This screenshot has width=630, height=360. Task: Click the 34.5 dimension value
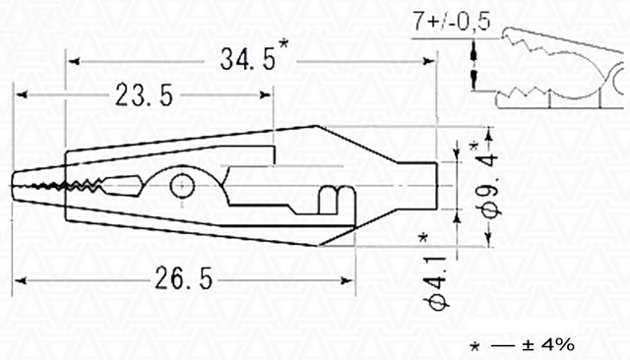click(x=248, y=59)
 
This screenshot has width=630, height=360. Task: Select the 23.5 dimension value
click(x=145, y=95)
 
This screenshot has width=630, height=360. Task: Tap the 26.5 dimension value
click(x=184, y=278)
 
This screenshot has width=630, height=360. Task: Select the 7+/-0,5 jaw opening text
click(x=452, y=21)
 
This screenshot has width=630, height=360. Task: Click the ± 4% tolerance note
click(x=548, y=344)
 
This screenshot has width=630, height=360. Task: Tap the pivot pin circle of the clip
click(x=182, y=186)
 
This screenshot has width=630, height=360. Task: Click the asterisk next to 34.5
click(x=283, y=43)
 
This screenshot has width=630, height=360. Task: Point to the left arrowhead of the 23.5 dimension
click(x=21, y=95)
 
